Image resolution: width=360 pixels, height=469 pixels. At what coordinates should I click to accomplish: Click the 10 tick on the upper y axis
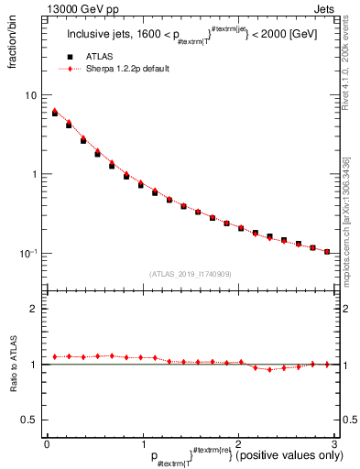30,95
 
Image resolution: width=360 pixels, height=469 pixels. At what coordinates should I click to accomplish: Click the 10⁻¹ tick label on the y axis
28,254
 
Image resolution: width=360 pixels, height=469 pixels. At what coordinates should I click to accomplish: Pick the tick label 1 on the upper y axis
33,174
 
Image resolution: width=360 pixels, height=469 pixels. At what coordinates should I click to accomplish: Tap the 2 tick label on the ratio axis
33,309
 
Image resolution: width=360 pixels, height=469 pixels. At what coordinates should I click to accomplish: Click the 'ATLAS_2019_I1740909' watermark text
190,274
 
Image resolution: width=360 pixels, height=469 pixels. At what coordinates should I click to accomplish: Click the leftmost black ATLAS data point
55,114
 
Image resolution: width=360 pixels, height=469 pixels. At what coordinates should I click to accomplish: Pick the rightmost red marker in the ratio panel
327,364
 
